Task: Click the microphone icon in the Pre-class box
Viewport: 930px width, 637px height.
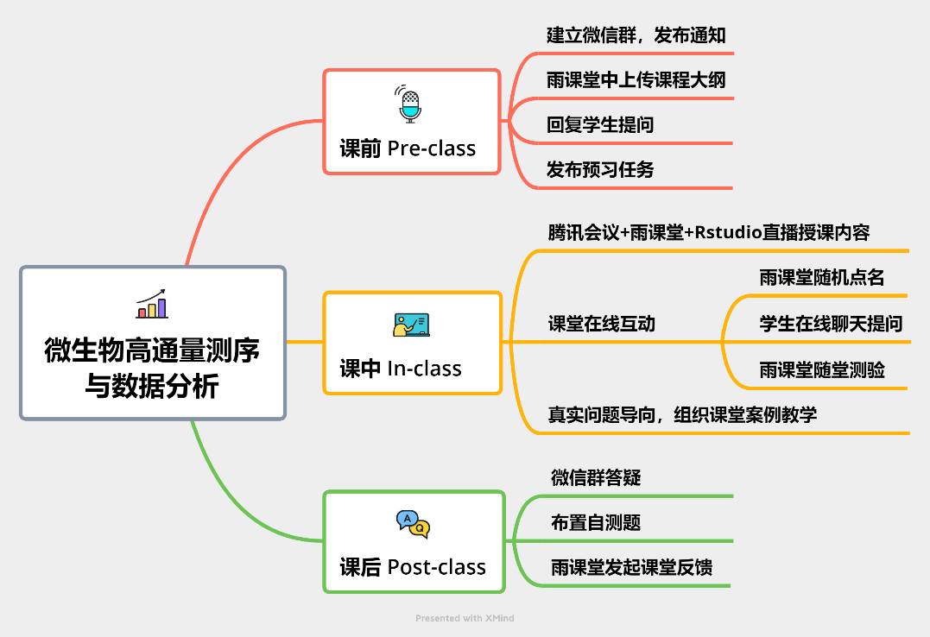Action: click(x=408, y=104)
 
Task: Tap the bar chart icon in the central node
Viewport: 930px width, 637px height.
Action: click(x=152, y=304)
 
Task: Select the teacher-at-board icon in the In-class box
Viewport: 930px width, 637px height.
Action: click(x=411, y=325)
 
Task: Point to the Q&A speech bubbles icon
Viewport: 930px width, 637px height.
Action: click(x=413, y=524)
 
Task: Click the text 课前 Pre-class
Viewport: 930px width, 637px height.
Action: click(x=408, y=148)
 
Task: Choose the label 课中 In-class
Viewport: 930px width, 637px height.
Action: click(x=401, y=369)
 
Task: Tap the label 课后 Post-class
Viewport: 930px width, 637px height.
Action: click(x=413, y=567)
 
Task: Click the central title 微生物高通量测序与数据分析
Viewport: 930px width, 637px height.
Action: click(x=153, y=368)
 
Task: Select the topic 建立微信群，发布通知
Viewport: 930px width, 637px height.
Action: click(x=636, y=35)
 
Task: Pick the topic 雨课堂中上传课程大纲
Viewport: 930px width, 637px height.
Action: click(x=636, y=80)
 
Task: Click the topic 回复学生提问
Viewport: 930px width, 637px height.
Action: click(x=600, y=124)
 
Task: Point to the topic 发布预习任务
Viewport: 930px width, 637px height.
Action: click(x=600, y=170)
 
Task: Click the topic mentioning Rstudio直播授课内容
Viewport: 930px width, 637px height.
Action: click(x=709, y=232)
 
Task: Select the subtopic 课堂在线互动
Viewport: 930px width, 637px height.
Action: click(x=601, y=324)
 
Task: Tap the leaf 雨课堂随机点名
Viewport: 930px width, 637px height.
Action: click(x=821, y=278)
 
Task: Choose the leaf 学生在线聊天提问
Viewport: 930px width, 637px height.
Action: click(x=831, y=324)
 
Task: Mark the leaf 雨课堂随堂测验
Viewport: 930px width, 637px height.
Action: click(x=821, y=370)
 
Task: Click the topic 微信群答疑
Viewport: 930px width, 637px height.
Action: click(x=596, y=477)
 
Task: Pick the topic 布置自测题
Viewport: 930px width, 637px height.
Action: click(x=596, y=522)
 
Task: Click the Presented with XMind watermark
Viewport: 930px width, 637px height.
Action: click(x=465, y=618)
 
